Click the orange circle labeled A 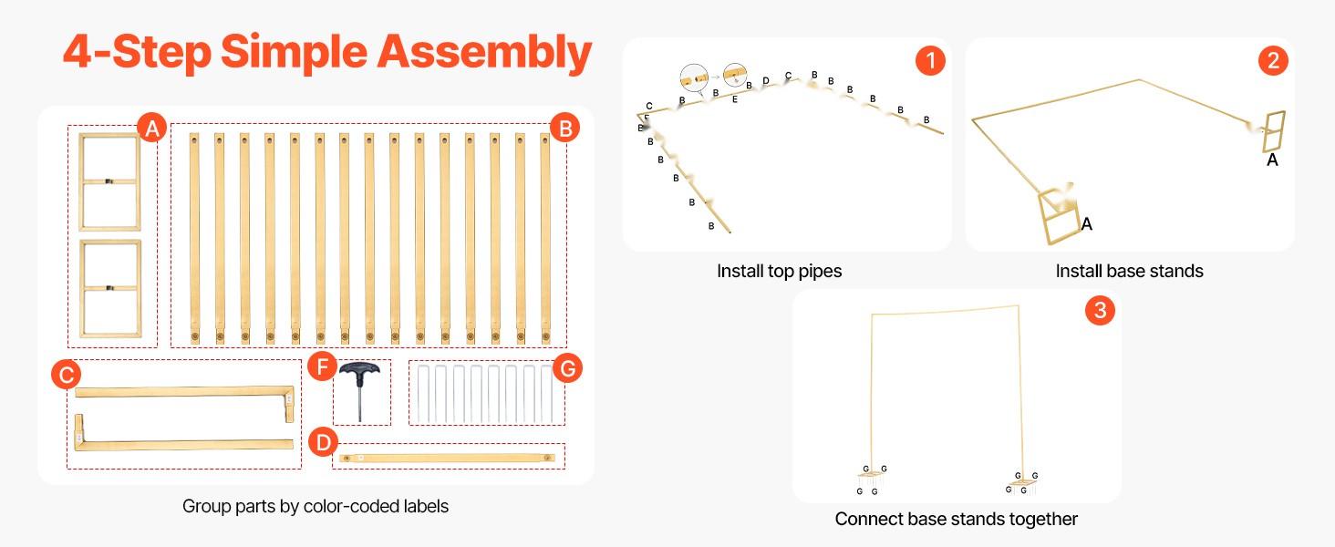[x=152, y=129]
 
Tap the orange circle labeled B [x=564, y=129]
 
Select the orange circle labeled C [x=67, y=374]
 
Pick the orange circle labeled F [x=322, y=367]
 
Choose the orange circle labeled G [x=567, y=368]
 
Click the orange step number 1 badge [x=930, y=61]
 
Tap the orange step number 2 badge [x=1273, y=61]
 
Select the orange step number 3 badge [x=1100, y=311]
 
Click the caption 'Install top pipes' [x=779, y=271]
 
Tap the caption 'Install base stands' [x=1129, y=271]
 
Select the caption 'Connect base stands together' [x=956, y=519]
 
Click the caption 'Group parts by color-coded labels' [x=316, y=505]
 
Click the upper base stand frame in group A [x=109, y=181]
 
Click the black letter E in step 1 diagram [x=735, y=98]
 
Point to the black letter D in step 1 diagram [x=766, y=81]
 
